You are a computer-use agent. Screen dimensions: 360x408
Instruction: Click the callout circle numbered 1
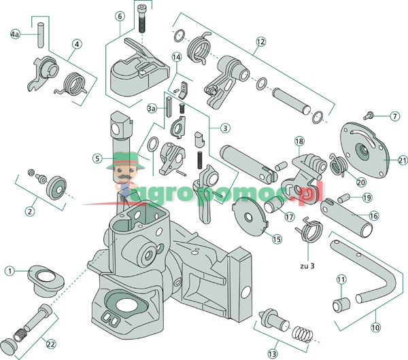coord(10,270)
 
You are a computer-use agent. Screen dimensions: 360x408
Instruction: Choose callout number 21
coord(403,160)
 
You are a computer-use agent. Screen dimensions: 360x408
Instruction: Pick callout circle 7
coord(394,116)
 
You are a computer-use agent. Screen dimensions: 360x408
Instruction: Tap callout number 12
coord(260,41)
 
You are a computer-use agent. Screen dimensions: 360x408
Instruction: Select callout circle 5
coord(98,158)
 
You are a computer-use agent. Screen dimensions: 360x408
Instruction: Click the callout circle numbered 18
coord(298,141)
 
